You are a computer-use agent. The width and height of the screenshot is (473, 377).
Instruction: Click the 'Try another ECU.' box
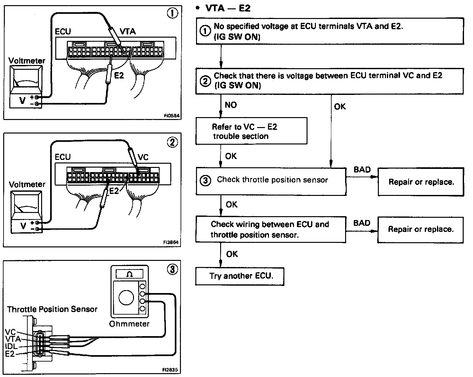(240, 276)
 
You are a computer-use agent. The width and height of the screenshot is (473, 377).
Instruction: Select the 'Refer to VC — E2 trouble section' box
(251, 131)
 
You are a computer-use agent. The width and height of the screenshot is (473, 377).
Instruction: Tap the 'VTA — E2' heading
(228, 8)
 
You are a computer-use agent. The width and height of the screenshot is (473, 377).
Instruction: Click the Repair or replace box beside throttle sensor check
(421, 182)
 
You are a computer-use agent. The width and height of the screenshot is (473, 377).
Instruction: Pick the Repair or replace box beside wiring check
(420, 229)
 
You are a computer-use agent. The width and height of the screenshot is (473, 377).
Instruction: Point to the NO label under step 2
(231, 105)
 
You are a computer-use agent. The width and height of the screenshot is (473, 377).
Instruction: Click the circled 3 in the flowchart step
(206, 180)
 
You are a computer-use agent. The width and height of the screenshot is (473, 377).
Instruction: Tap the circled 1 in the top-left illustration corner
(173, 13)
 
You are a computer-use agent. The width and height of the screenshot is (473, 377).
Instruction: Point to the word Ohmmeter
(129, 324)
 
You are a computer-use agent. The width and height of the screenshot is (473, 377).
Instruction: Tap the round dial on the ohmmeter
(126, 298)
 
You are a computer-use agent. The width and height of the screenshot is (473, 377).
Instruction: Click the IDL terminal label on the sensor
(11, 346)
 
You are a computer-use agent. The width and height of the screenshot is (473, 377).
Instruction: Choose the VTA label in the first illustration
(128, 31)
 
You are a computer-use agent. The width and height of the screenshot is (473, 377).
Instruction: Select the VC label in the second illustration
(143, 157)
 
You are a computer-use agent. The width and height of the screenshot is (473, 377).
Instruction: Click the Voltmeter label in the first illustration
(27, 60)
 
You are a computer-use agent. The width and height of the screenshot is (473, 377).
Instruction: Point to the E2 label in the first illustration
(119, 75)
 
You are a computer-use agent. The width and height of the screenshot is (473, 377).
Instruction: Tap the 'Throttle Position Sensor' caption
(52, 309)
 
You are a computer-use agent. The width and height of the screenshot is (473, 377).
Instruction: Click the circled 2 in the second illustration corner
(173, 142)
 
